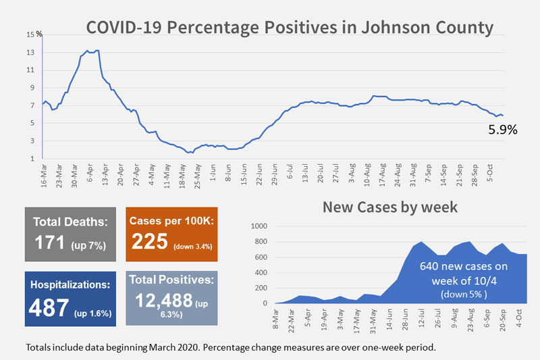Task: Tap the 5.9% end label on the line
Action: pyautogui.click(x=502, y=130)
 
